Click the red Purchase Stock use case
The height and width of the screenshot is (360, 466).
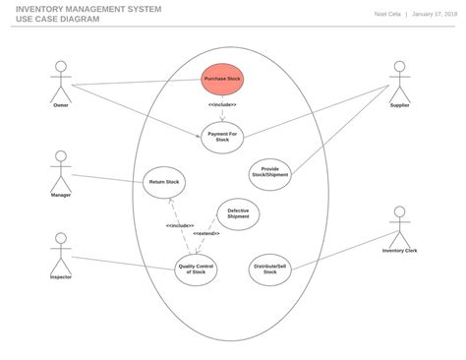coord(222,79)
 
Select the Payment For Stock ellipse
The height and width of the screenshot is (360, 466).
coord(222,137)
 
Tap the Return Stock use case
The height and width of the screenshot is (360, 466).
coord(164,181)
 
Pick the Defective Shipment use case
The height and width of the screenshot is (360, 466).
coord(238,213)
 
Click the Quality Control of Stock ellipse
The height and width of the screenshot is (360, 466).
coord(197,268)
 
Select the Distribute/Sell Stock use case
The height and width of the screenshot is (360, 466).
coord(270,268)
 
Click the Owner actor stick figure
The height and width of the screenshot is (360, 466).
coord(61,80)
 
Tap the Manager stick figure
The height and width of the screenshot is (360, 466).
coord(61,169)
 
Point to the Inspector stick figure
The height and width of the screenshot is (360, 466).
coord(61,253)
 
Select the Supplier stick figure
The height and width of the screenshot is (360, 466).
coord(399,80)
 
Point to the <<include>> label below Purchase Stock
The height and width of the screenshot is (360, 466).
coord(222,104)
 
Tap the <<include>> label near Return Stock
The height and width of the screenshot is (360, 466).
coord(180,225)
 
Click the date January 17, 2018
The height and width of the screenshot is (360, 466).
coord(434,14)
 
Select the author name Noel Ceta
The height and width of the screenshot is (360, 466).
coord(387,14)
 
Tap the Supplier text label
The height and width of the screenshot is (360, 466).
coord(399,105)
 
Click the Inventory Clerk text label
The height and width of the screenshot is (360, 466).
coord(399,251)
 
